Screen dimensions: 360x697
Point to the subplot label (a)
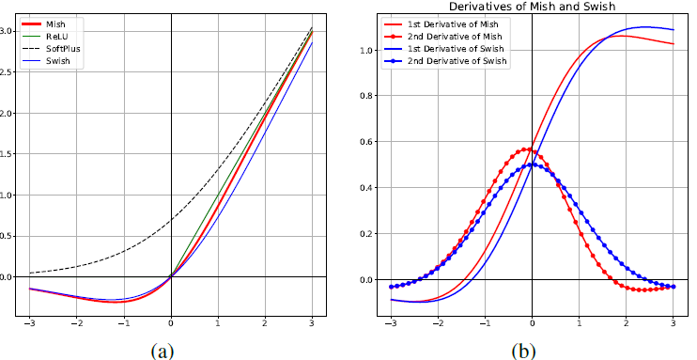point(163,351)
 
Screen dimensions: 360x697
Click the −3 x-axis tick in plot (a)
point(30,324)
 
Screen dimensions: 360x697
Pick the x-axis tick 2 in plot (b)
point(626,324)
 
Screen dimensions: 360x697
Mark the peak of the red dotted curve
point(524,149)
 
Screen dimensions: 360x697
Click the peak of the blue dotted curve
point(532,164)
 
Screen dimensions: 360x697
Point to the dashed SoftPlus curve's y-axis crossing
point(171,220)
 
